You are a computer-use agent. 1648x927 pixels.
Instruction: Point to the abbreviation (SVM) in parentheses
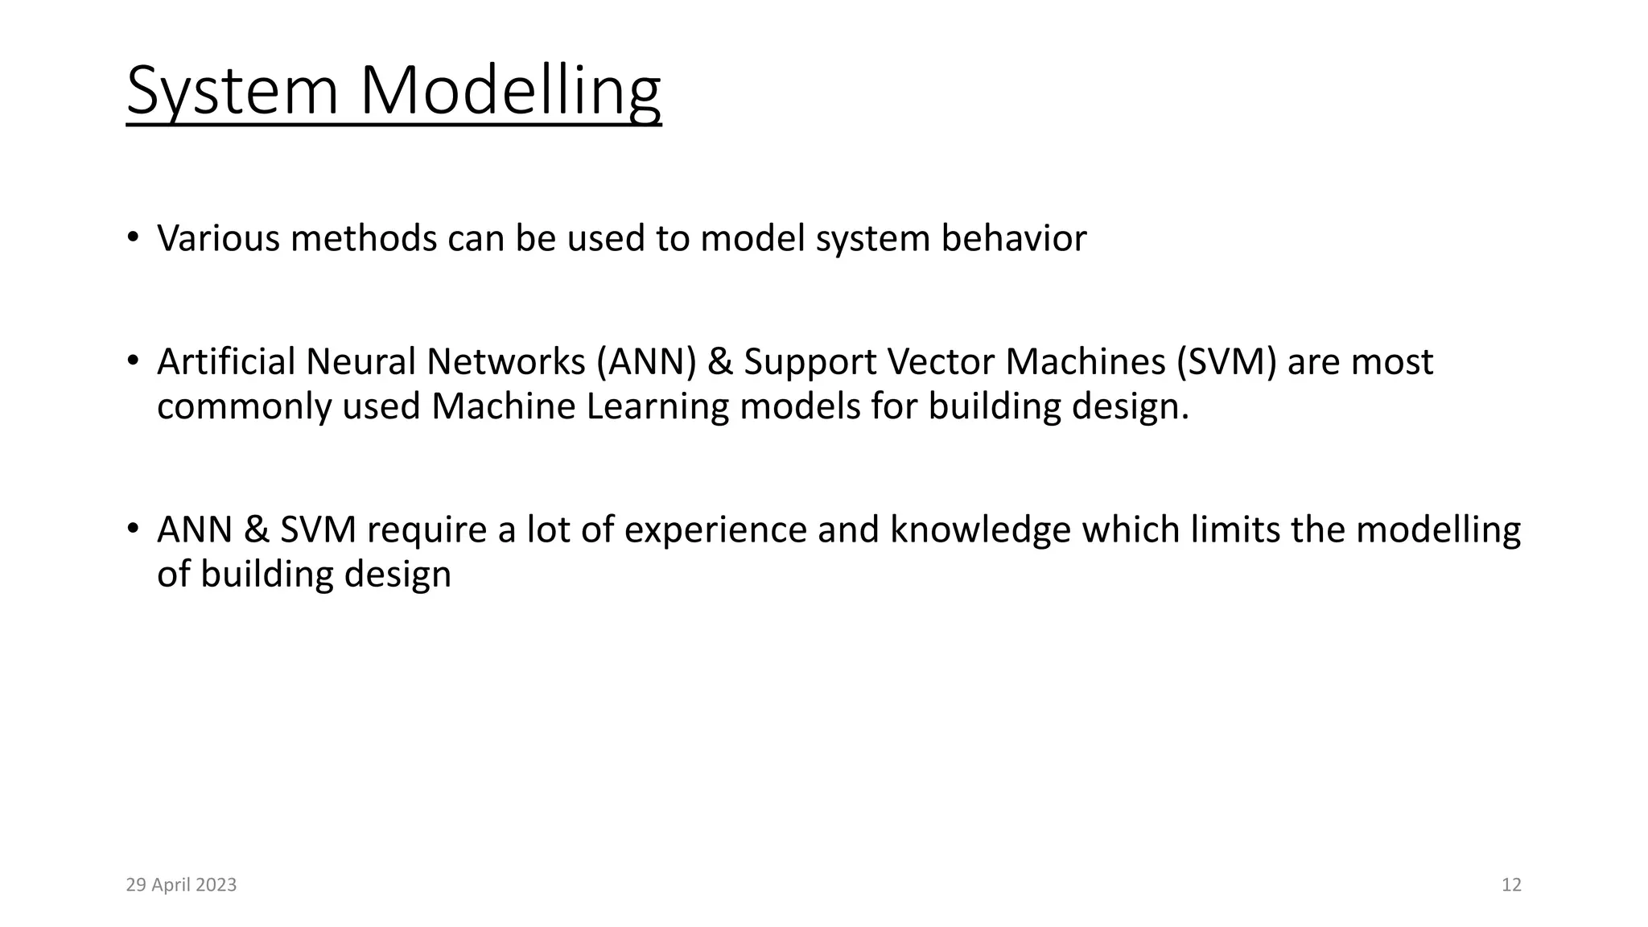click(1226, 362)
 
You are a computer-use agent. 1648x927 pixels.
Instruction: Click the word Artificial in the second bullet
click(226, 362)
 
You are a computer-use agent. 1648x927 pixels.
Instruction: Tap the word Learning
click(657, 406)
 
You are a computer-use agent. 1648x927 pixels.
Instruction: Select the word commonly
click(244, 406)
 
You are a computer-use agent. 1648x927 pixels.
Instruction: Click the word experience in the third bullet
click(715, 530)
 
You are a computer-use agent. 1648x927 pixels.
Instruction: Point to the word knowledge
click(980, 530)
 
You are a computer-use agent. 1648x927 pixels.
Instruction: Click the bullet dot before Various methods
click(133, 237)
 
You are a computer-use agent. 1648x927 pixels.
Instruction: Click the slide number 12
click(1511, 885)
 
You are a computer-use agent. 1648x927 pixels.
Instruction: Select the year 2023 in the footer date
click(216, 885)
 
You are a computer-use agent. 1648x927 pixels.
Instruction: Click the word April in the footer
click(170, 885)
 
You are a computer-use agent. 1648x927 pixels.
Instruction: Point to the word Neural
click(360, 362)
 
